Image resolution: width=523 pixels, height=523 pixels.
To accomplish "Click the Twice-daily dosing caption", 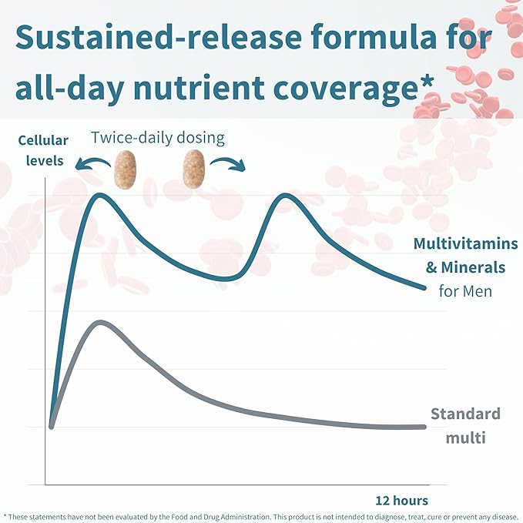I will click(x=157, y=138).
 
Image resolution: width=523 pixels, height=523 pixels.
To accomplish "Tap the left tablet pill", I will click(x=123, y=169).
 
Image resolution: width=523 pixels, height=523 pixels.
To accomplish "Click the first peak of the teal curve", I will click(x=100, y=195).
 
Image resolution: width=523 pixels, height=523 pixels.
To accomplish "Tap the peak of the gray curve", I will click(x=99, y=322).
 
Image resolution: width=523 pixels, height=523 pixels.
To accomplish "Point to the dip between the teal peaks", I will click(x=224, y=278).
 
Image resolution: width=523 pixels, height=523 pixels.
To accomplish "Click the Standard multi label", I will click(x=464, y=426).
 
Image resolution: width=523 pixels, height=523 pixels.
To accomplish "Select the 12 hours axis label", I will click(x=401, y=500).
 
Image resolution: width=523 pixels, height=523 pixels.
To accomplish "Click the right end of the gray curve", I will click(x=424, y=427).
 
